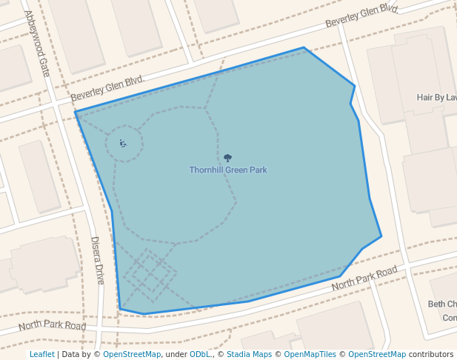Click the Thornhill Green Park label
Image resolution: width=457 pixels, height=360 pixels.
[x=227, y=170]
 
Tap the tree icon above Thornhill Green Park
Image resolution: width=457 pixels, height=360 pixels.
[x=227, y=158]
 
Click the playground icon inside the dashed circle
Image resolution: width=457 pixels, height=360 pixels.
[x=123, y=143]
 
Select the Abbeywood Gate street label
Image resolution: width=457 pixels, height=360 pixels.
[x=37, y=43]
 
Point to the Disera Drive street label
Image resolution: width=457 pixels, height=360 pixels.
[x=98, y=260]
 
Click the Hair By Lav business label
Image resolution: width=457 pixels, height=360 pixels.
[x=436, y=97]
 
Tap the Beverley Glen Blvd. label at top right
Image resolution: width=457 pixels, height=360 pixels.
[x=361, y=16]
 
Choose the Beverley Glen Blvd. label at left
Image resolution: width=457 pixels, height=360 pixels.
[x=107, y=88]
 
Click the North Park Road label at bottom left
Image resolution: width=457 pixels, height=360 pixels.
[x=52, y=325]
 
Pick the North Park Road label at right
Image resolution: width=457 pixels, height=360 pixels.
[x=364, y=279]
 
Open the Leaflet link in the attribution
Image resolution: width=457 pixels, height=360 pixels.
[x=41, y=355]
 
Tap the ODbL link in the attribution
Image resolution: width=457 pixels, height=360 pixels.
[x=201, y=355]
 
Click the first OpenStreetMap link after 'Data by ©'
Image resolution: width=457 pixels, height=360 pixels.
[x=132, y=355]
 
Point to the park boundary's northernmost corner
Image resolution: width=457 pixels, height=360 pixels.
[x=304, y=47]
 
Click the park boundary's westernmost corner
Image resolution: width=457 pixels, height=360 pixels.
[x=75, y=112]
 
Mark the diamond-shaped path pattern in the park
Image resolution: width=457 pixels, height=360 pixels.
[x=150, y=275]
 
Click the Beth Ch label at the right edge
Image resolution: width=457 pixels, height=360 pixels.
[x=441, y=304]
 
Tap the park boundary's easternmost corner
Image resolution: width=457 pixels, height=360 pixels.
[x=381, y=236]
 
